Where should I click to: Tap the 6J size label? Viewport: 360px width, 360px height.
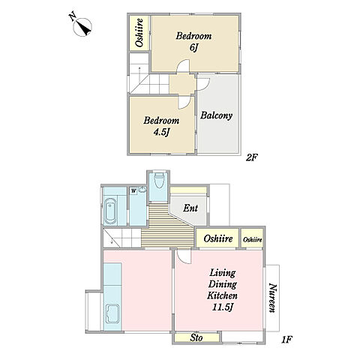(x=193, y=47)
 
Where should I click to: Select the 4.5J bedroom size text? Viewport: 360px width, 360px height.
(x=161, y=132)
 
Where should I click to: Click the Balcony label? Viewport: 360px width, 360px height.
(x=216, y=115)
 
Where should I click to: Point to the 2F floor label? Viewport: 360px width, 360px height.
(x=251, y=157)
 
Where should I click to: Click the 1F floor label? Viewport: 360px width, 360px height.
(x=287, y=340)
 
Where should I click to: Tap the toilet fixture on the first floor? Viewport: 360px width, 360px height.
(x=158, y=180)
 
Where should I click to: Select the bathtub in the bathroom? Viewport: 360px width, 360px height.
(x=110, y=211)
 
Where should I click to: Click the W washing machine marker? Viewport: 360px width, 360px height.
(x=133, y=191)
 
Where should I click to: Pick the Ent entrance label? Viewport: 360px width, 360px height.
(x=190, y=208)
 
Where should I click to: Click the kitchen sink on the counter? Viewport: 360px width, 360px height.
(x=112, y=313)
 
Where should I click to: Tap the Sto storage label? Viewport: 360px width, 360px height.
(x=196, y=338)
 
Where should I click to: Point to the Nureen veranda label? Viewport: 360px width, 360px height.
(x=272, y=298)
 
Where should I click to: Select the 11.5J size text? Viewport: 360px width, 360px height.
(x=223, y=307)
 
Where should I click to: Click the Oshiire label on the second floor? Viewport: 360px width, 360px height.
(x=139, y=33)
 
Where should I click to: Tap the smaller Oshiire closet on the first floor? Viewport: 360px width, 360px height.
(x=253, y=239)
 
